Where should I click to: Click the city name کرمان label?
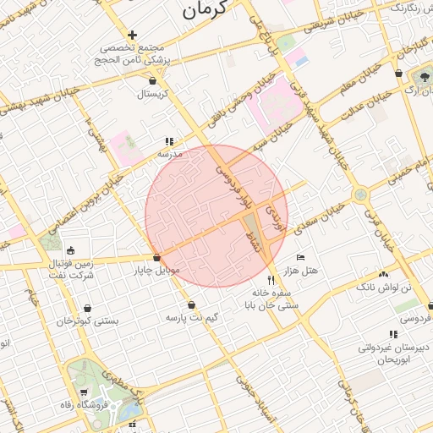click(x=206, y=10)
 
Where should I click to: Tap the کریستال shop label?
click(x=154, y=93)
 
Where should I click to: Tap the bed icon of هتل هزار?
click(x=300, y=257)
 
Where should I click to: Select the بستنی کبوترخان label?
click(x=88, y=321)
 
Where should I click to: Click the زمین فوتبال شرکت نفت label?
click(x=71, y=269)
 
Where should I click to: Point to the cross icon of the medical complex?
click(x=132, y=35)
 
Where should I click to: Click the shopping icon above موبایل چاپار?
click(x=156, y=257)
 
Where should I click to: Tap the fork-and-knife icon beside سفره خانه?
click(x=271, y=279)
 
